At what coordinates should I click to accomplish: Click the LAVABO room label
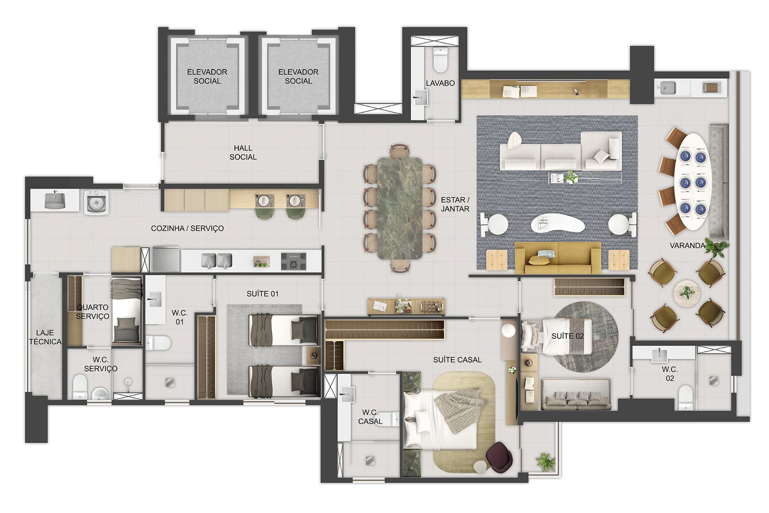(440, 83)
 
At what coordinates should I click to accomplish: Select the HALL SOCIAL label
(243, 152)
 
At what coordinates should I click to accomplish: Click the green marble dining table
(400, 208)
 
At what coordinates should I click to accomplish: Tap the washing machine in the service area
(96, 201)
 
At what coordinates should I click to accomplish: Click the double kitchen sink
(216, 260)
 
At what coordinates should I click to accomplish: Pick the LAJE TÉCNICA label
(45, 337)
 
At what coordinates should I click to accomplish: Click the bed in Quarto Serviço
(127, 310)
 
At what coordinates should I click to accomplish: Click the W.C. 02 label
(670, 373)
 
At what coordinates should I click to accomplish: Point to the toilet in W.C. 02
(685, 398)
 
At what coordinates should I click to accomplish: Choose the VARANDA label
(687, 246)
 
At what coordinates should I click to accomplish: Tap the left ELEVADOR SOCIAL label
(207, 77)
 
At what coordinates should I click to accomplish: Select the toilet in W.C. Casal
(388, 420)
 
